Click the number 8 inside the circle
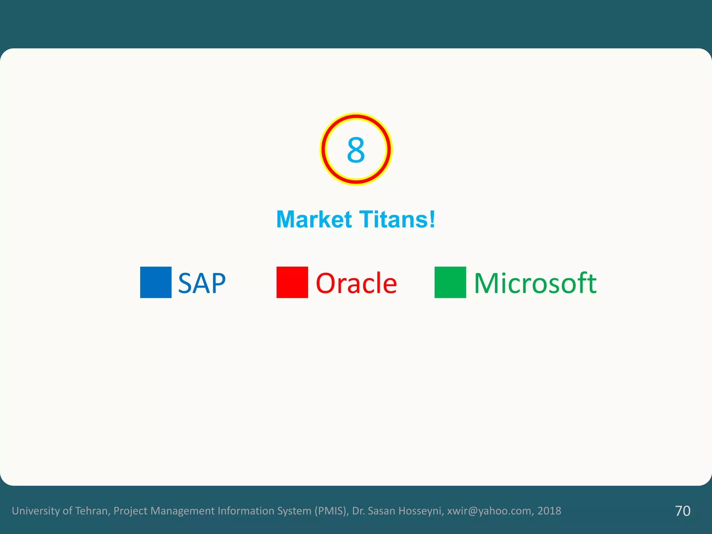pos(356,150)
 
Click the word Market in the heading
pos(314,219)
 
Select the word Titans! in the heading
pos(397,219)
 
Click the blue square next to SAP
pos(156,282)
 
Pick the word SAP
pos(202,283)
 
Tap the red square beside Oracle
pos(292,282)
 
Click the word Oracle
pos(356,283)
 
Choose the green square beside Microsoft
pos(450,282)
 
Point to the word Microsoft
pos(535,283)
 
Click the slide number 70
pos(682,511)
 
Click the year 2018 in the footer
pos(549,511)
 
